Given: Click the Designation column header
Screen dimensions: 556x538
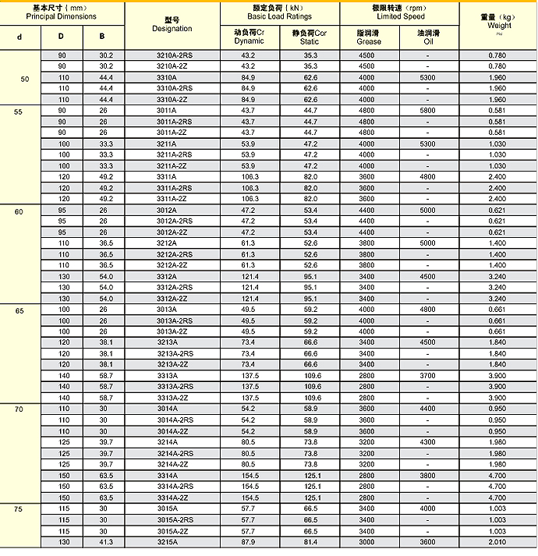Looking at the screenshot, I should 172,24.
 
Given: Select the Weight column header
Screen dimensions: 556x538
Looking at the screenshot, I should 497,21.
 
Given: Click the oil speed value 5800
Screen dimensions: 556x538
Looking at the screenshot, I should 428,111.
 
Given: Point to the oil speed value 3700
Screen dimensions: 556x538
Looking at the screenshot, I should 428,376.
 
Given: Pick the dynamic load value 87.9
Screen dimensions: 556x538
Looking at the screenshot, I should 249,542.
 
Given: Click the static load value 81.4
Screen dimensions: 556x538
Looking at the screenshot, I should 310,542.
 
